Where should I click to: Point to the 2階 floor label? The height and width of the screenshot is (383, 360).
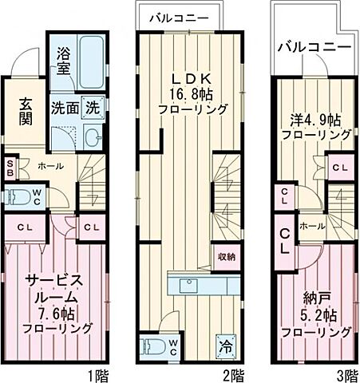[x=233, y=373]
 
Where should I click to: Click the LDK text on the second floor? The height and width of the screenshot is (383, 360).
[x=188, y=79]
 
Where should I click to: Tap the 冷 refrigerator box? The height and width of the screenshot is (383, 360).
[x=226, y=348]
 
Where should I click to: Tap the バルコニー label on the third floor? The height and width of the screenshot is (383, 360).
[x=313, y=48]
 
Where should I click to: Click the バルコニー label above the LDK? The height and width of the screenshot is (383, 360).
[x=180, y=17]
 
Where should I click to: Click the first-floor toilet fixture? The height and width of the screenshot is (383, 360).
[x=16, y=196]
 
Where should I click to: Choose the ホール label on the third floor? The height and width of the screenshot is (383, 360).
[x=312, y=226]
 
